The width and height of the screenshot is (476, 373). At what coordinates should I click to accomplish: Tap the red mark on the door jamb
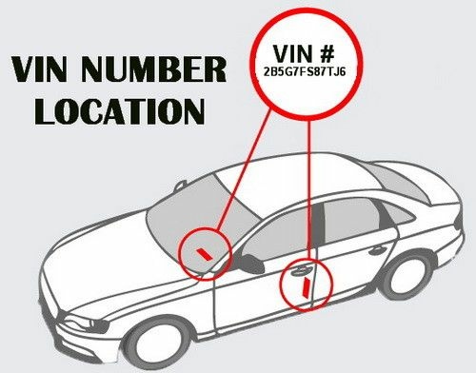[x=304, y=285]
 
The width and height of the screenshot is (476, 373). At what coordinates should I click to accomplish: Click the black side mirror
[x=249, y=265]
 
